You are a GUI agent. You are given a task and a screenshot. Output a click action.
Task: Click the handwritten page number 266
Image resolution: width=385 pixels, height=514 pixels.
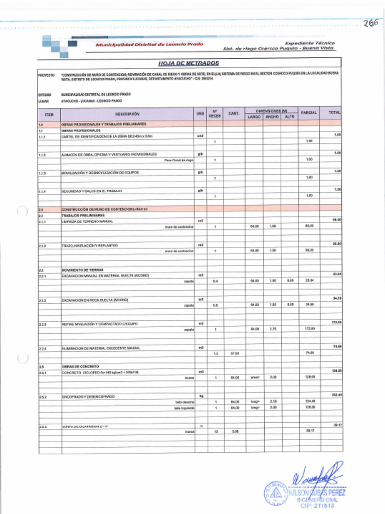371,23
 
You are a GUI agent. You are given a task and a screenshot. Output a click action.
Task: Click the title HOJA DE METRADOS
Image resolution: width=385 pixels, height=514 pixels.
189,63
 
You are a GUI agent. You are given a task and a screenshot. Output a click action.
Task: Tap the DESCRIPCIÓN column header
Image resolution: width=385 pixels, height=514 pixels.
127,114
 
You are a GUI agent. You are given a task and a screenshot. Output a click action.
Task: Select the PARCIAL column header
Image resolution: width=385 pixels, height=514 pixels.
309,112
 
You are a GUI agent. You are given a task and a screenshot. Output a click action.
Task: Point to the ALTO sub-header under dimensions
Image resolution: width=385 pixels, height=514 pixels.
289,117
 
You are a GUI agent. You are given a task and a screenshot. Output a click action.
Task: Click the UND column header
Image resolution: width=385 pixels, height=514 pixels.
201,114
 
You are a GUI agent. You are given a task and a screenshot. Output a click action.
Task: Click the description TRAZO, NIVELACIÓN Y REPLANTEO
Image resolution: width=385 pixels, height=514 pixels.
90,245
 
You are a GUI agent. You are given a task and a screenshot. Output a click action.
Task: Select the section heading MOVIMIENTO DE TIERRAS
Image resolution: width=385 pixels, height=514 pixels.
83,270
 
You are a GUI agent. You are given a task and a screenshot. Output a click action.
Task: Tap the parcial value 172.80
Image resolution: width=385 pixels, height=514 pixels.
309,329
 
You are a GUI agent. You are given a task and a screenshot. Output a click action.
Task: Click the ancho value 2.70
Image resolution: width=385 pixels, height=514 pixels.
272,329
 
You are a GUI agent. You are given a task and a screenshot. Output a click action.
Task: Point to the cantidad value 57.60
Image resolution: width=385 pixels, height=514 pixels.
235,353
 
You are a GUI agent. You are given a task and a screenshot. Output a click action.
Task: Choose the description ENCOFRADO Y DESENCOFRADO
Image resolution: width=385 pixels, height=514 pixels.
88,397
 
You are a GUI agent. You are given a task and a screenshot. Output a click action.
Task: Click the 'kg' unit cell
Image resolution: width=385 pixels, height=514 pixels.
201,397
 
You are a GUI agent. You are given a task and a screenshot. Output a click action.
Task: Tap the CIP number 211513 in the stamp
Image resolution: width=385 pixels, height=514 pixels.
316,505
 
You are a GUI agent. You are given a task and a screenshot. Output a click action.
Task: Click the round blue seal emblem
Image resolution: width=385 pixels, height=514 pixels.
276,494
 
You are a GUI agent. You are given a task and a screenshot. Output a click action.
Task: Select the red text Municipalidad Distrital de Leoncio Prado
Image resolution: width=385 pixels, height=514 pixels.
149,44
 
